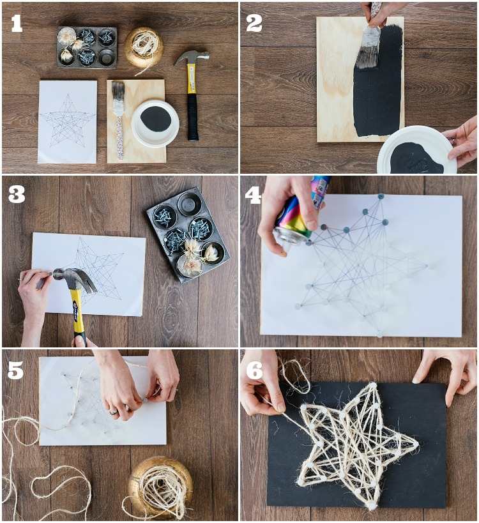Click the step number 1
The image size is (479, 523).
tap(17, 24)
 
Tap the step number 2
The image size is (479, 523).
tap(254, 24)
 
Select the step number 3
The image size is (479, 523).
tap(17, 195)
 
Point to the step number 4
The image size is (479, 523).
tap(253, 195)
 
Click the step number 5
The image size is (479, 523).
tap(16, 370)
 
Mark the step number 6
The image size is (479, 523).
tap(255, 370)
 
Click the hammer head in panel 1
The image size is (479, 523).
tap(192, 57)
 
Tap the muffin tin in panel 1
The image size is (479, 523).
tap(87, 47)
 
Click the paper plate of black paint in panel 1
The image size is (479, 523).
tap(155, 123)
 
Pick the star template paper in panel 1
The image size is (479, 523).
tap(68, 122)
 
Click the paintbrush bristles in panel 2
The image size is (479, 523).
tap(368, 47)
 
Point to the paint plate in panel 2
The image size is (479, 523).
tap(417, 150)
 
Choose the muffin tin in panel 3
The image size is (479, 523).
tap(188, 234)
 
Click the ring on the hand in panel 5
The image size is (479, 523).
tap(114, 411)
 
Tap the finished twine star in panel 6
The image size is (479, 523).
tap(357, 445)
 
